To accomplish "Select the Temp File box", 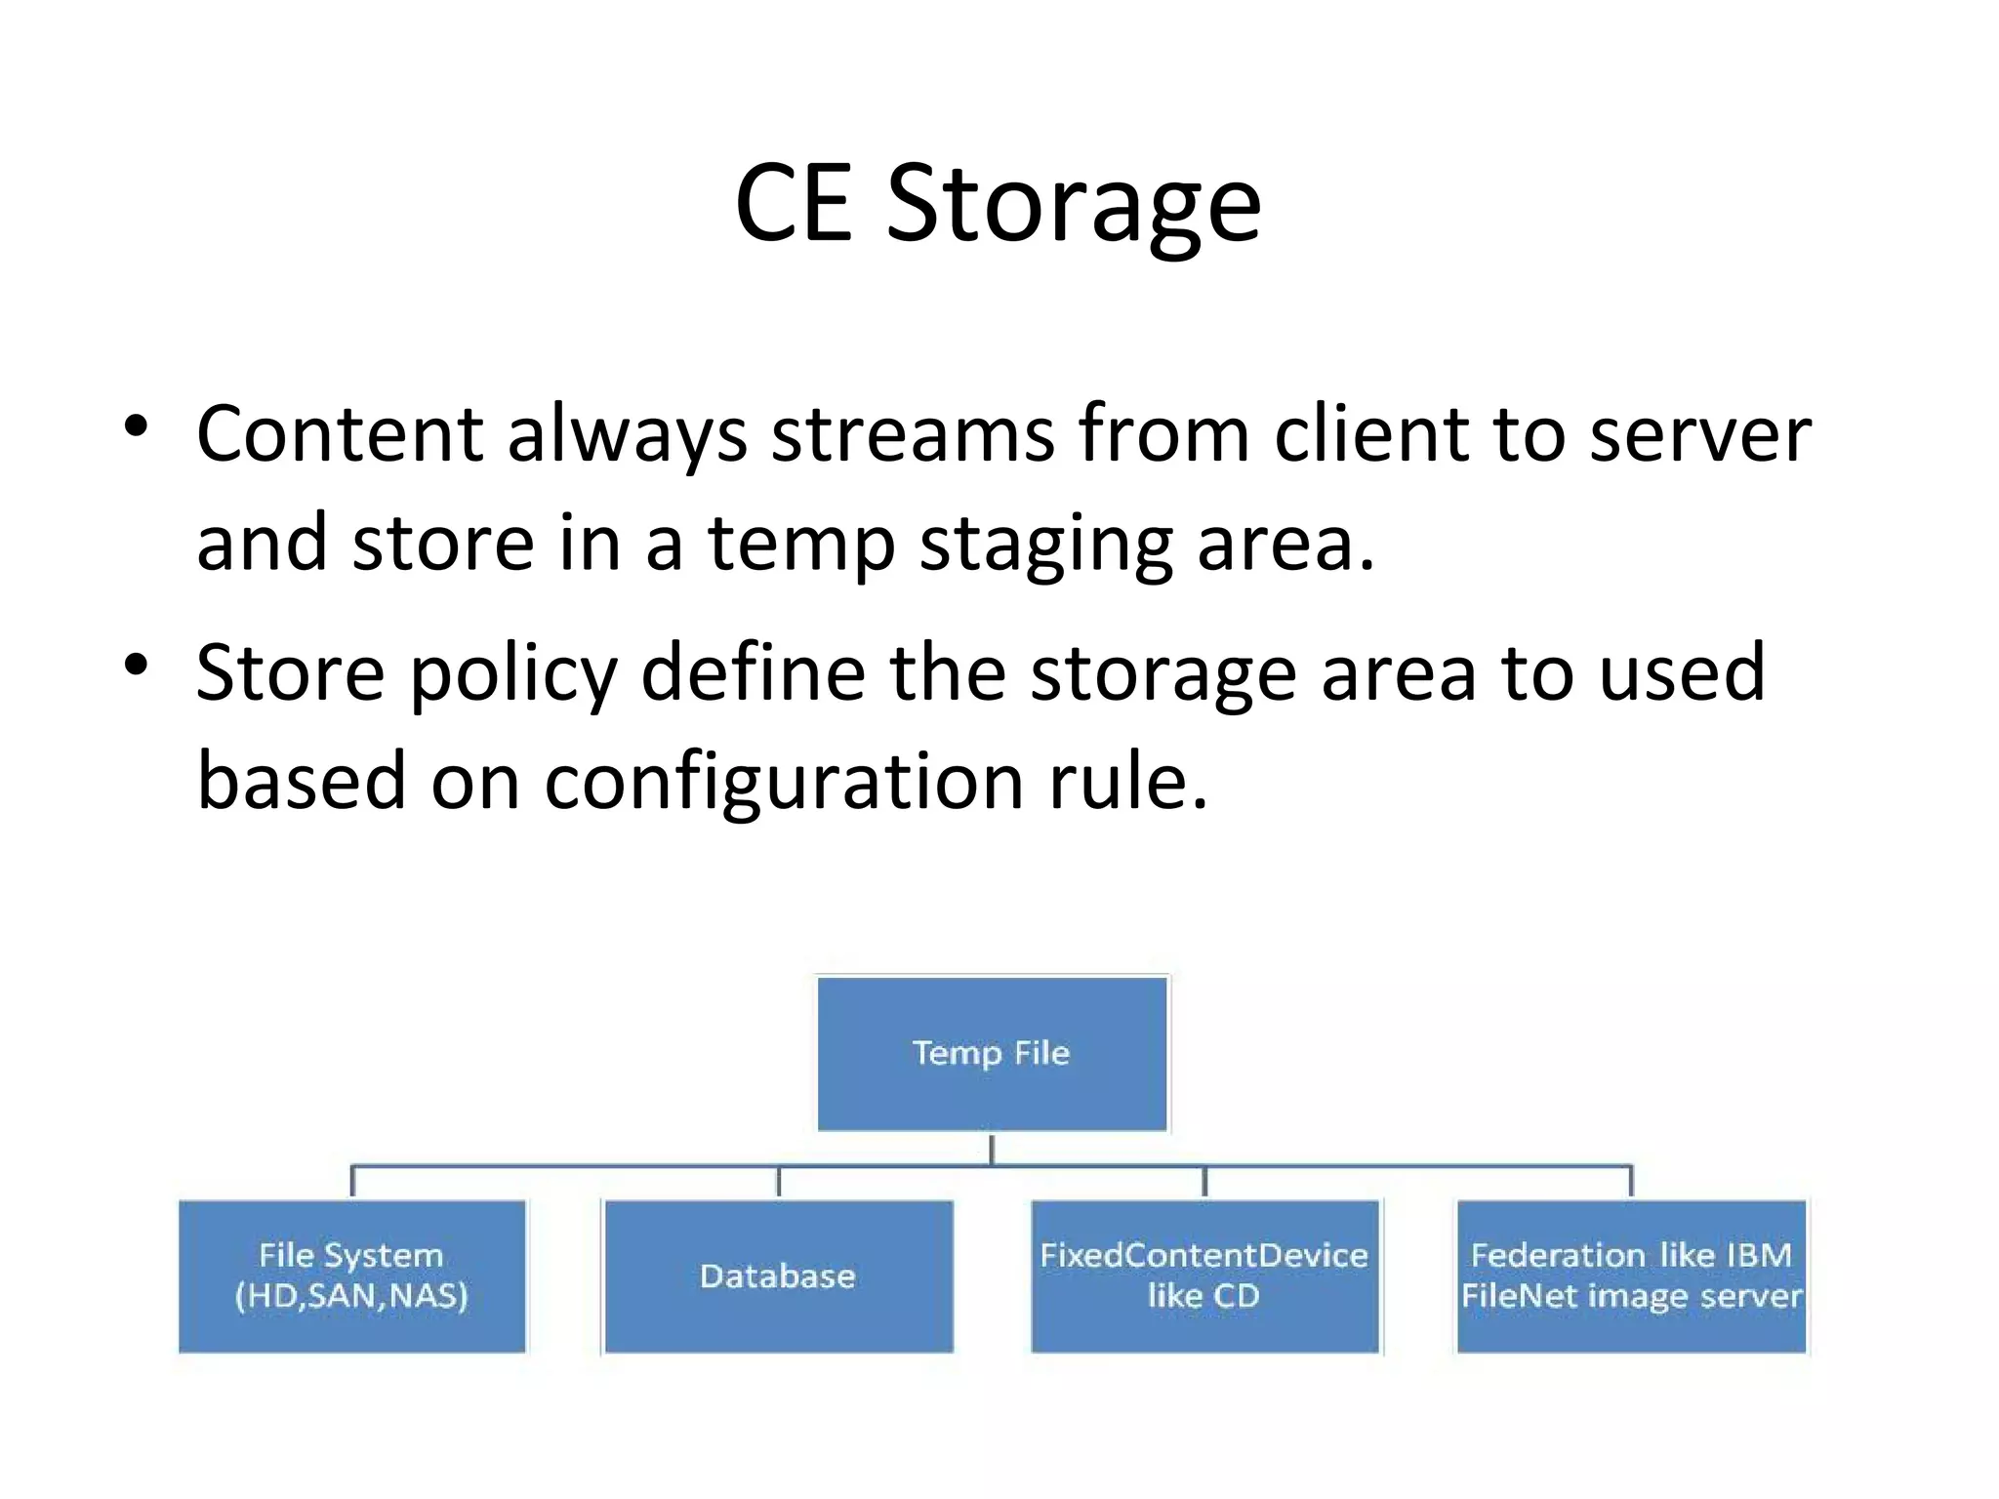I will [x=992, y=1054].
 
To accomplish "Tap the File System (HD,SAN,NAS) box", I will [x=352, y=1276].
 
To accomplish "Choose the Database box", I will [x=778, y=1276].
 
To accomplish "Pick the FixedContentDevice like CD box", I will [x=1204, y=1276].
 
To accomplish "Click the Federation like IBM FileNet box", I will [x=1631, y=1276].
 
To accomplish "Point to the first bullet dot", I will [x=136, y=426].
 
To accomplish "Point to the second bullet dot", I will [x=136, y=666].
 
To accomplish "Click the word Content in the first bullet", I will [x=340, y=433].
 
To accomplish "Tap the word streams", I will [x=913, y=433].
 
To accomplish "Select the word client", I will [x=1371, y=433].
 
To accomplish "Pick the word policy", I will [x=513, y=673].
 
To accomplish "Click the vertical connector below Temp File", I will [x=992, y=1150].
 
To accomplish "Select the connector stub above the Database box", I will [x=778, y=1182].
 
